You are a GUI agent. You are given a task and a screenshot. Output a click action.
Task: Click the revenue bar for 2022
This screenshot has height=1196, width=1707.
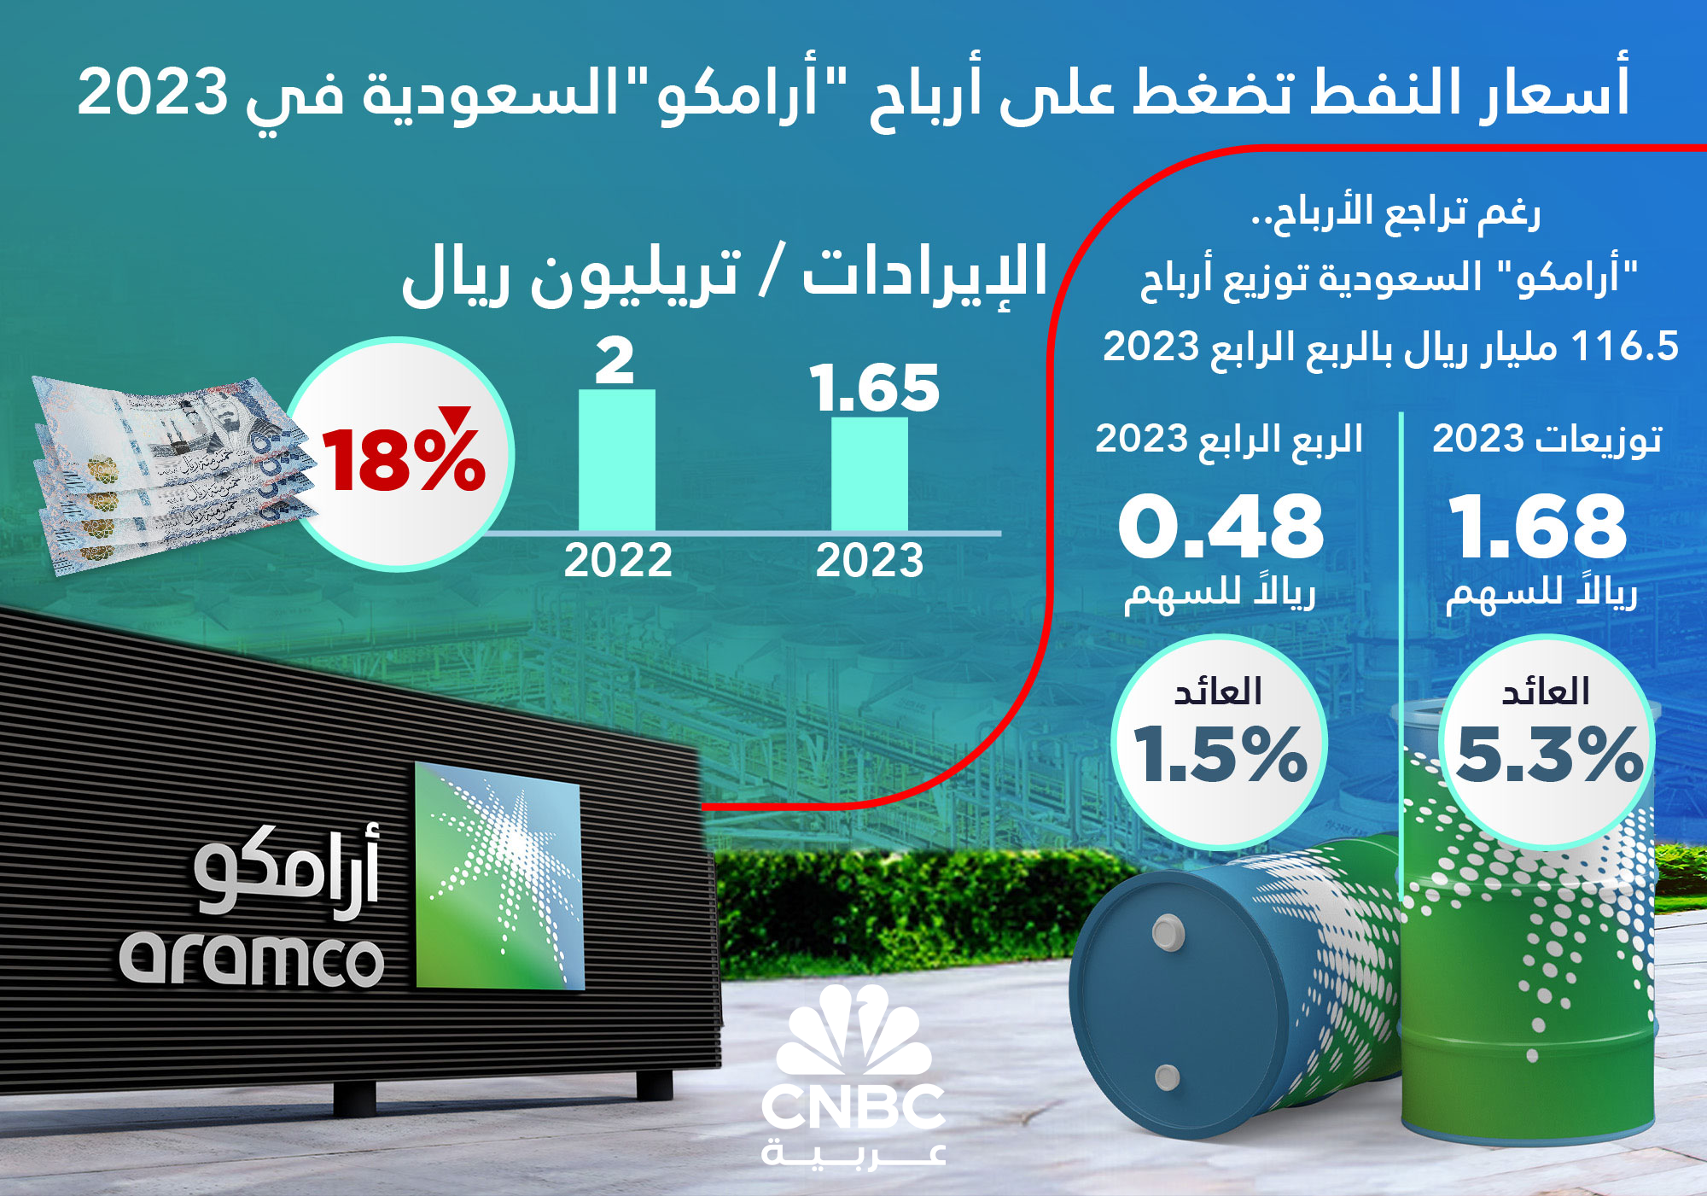coord(617,461)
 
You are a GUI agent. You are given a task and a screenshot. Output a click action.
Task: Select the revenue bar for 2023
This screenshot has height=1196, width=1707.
coord(870,475)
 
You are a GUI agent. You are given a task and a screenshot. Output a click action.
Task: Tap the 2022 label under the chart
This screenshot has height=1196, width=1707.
coord(618,561)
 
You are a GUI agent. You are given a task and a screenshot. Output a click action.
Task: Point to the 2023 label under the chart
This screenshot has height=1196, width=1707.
coord(870,561)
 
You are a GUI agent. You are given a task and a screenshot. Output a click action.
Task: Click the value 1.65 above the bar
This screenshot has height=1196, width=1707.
coord(875,388)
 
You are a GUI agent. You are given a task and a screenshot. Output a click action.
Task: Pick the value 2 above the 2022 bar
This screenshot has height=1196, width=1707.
coord(615,362)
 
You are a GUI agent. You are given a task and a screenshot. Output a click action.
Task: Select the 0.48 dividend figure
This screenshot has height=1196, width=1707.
coord(1221,527)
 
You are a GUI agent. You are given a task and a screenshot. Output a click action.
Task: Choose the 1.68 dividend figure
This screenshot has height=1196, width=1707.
coord(1539,527)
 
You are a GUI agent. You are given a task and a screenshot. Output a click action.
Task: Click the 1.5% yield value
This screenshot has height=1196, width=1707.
coord(1220,754)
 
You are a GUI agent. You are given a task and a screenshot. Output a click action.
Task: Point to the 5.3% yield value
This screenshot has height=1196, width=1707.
coord(1549,754)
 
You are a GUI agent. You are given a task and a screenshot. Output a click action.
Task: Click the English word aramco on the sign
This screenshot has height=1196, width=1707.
coord(252,960)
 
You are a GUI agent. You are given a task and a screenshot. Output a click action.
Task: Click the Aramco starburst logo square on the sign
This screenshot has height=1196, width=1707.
coord(498,876)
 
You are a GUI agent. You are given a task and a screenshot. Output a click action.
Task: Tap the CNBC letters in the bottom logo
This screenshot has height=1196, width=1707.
coord(853,1107)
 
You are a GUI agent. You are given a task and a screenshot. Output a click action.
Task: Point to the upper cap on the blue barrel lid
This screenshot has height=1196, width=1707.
coord(1168,932)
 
